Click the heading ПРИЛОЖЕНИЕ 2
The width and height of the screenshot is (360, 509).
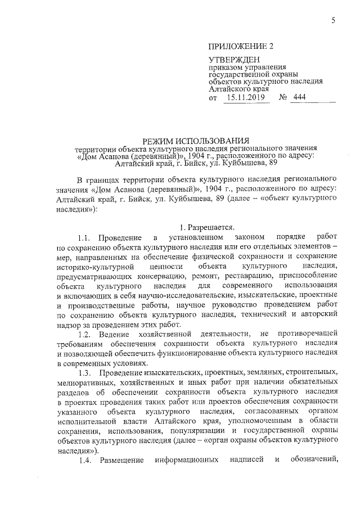click(237, 47)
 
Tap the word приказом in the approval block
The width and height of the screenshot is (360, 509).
click(224, 67)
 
